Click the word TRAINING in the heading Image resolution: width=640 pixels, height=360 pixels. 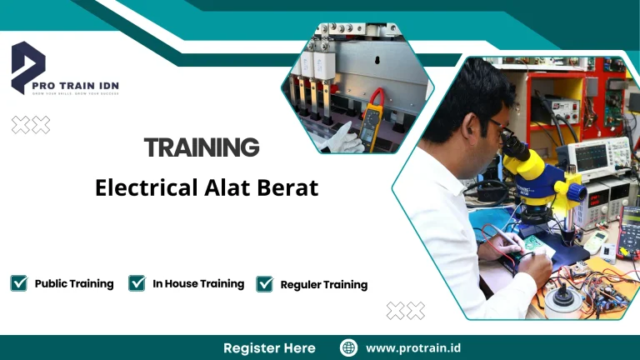(x=202, y=148)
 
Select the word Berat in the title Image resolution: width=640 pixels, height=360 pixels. (x=289, y=187)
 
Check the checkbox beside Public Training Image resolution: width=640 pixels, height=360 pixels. (x=18, y=283)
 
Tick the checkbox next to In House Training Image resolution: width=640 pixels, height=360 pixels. (x=137, y=283)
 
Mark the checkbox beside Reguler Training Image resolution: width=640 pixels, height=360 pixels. (x=265, y=284)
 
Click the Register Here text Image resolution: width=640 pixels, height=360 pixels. (x=269, y=347)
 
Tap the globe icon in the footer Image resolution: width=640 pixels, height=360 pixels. (x=349, y=347)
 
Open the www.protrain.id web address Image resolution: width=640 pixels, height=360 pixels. (x=413, y=347)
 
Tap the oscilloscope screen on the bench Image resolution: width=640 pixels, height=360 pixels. (x=587, y=154)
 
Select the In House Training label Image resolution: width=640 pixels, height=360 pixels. (x=198, y=283)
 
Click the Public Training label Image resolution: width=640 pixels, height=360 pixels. (x=74, y=283)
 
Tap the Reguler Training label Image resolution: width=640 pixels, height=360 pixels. (x=324, y=284)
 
